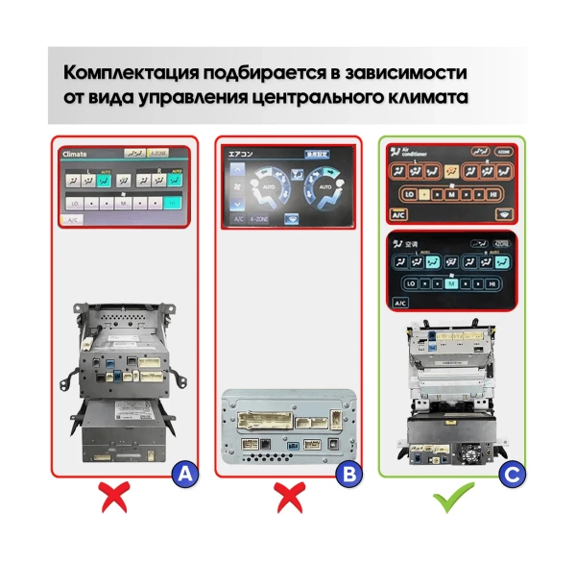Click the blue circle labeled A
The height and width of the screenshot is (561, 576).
[x=184, y=474]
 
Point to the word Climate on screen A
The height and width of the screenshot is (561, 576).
[x=75, y=154]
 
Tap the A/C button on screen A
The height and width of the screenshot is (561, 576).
[x=71, y=220]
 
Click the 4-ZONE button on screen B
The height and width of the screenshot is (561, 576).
[x=257, y=218]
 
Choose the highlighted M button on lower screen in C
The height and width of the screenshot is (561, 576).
[x=449, y=284]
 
